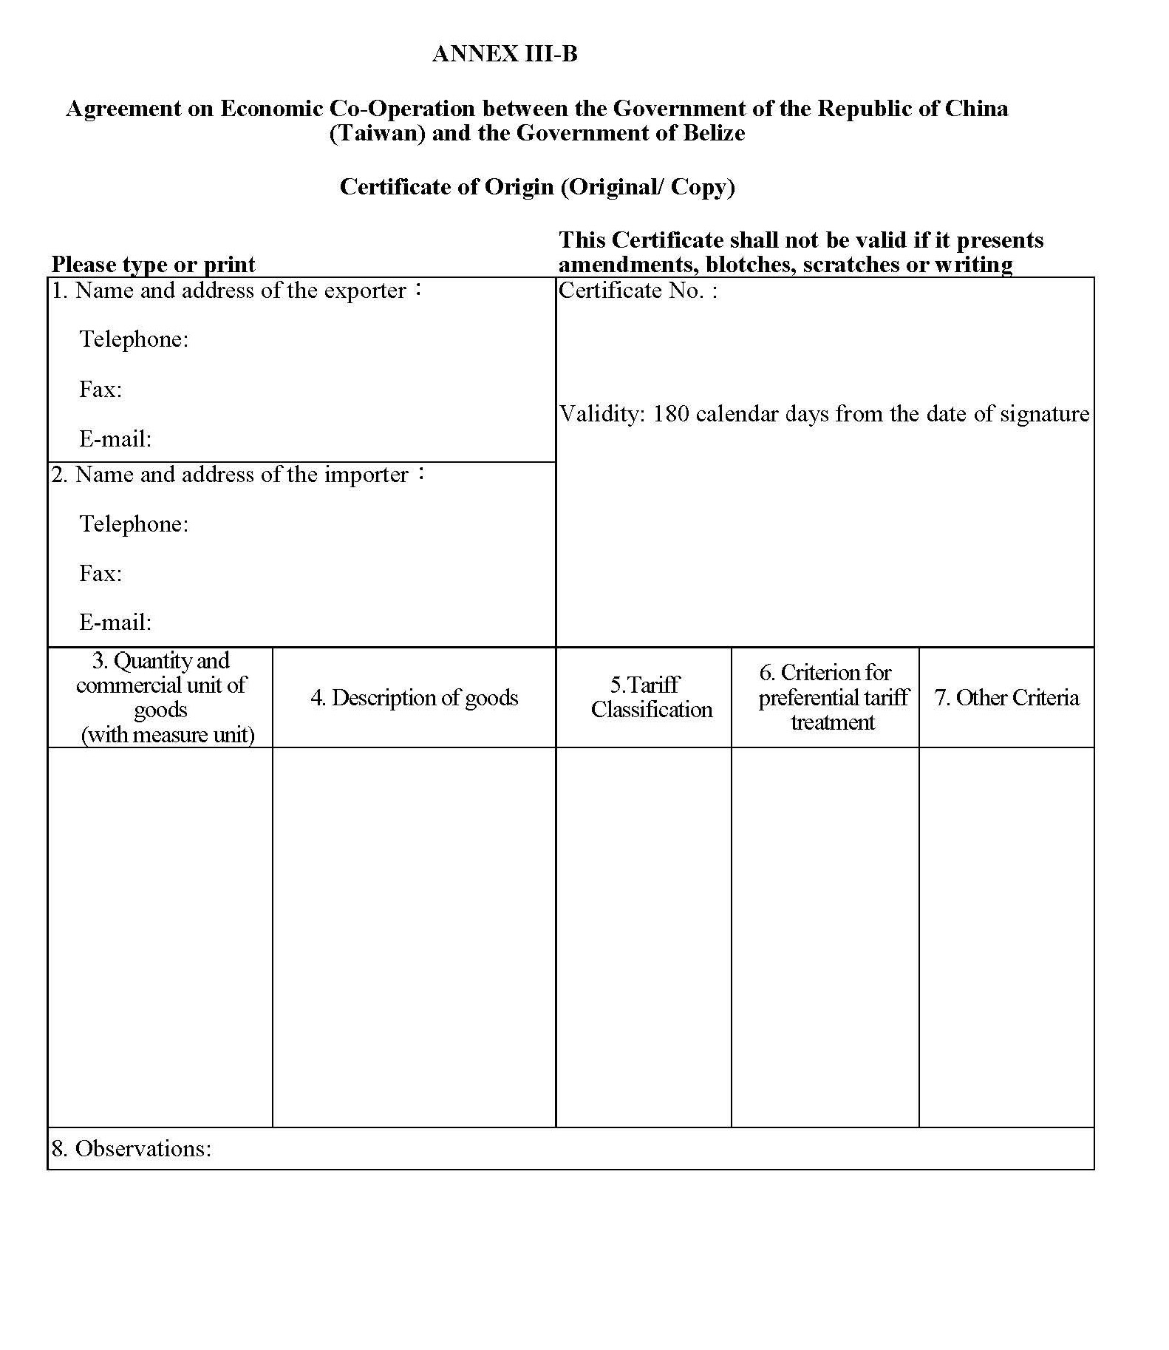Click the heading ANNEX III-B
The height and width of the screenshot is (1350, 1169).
coord(505,54)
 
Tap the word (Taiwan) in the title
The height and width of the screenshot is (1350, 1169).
coord(377,133)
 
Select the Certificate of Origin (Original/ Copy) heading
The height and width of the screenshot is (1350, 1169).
coord(537,186)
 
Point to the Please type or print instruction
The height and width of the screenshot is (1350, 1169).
coord(153,264)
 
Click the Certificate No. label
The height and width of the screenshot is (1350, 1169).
coord(638,291)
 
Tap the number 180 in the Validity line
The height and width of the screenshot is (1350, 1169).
coord(671,413)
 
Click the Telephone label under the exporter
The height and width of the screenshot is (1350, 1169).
coord(134,339)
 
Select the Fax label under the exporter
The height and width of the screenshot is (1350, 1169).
coord(100,389)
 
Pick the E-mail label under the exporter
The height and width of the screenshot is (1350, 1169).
coord(115,438)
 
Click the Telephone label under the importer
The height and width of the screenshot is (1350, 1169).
coord(134,524)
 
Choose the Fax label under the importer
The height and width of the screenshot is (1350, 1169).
coord(100,573)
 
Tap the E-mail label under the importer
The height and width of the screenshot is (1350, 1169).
coord(115,623)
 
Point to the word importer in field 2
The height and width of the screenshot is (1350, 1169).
coord(367,475)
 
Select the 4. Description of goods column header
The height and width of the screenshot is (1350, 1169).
coord(414,697)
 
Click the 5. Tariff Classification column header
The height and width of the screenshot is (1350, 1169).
coord(651,697)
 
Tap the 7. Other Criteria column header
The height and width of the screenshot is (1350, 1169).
coord(1006,697)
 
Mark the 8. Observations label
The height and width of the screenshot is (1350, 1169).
coord(131,1148)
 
